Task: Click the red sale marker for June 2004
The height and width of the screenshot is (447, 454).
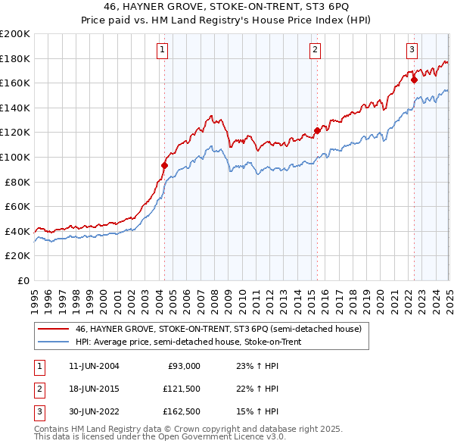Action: [x=164, y=164]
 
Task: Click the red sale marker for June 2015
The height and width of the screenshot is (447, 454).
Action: [x=317, y=130]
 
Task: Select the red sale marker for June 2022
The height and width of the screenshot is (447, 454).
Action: [x=414, y=78]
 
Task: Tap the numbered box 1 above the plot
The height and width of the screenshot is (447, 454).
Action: [x=163, y=51]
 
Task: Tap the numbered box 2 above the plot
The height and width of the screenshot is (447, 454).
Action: [x=315, y=51]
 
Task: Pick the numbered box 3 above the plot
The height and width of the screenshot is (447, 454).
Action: [x=412, y=51]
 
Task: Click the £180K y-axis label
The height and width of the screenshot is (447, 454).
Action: [x=15, y=58]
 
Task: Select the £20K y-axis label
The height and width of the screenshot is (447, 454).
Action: [x=17, y=256]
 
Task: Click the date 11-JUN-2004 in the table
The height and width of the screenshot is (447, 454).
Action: [x=93, y=366]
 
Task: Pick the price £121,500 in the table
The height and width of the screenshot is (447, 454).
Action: [x=180, y=389]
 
